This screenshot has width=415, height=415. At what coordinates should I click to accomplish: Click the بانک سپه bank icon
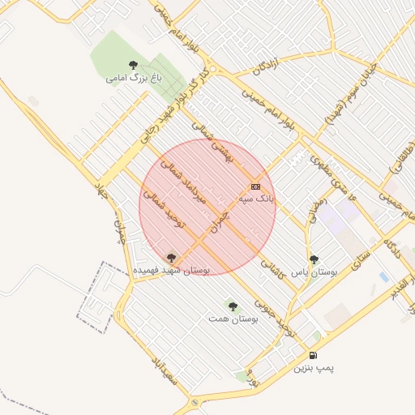coord(255,186)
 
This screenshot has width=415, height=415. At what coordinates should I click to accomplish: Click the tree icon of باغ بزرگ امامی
coord(133,65)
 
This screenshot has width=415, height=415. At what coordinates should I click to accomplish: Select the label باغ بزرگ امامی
coord(134,79)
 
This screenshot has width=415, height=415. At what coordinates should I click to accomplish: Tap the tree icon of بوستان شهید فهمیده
coord(170,257)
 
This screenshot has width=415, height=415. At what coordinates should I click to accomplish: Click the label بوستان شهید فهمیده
coord(172,268)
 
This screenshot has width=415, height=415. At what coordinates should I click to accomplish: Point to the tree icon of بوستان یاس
coord(314,259)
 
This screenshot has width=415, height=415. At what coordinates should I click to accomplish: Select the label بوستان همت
coord(233,319)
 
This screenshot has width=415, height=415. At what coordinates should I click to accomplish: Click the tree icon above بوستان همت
coord(233,306)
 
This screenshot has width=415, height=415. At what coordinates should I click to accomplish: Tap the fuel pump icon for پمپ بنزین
coord(313,355)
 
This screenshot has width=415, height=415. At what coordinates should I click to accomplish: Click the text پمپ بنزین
coord(313,367)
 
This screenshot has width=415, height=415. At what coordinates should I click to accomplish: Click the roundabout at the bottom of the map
coord(195,402)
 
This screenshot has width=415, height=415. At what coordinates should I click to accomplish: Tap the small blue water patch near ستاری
coord(383,277)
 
